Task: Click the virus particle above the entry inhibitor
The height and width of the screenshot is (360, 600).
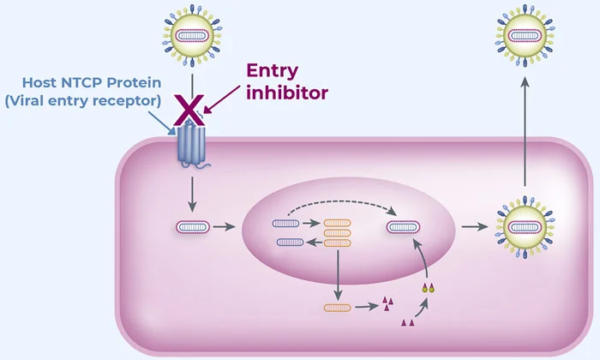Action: click(190, 36)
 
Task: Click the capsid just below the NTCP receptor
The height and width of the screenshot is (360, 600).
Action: click(193, 228)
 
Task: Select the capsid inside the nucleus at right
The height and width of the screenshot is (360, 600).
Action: click(403, 228)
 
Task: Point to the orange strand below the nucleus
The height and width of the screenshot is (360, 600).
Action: click(339, 306)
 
